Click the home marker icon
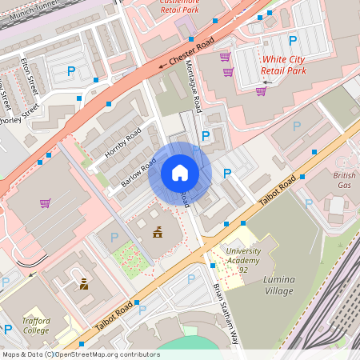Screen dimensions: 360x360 (x=180, y=173)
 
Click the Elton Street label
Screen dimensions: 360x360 (x=30, y=74)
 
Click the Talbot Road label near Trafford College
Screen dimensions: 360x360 (x=112, y=313)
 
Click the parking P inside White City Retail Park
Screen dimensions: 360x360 (x=292, y=41)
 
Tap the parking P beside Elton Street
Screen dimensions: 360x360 (x=71, y=71)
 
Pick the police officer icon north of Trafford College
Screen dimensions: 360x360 (x=83, y=283)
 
